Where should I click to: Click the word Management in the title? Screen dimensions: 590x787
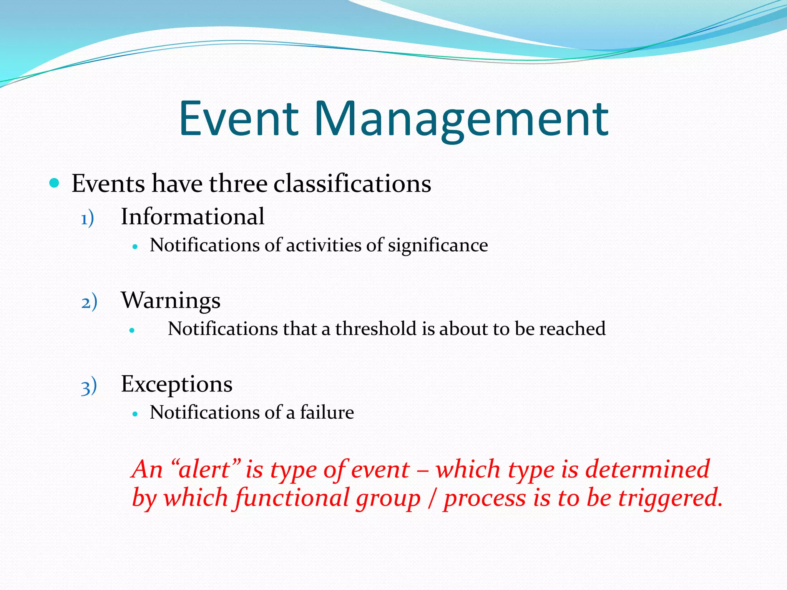pos(462,119)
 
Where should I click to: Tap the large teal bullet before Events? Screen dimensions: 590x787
pos(54,183)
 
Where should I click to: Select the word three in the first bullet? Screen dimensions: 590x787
pos(238,183)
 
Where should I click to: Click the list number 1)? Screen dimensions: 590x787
pos(87,219)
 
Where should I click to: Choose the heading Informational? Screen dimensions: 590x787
pos(193,216)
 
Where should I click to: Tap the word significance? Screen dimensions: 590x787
pos(438,245)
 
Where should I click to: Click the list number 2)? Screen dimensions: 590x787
pos(89,302)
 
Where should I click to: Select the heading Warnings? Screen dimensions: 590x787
pos(171,300)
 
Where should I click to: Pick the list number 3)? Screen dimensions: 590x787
pos(89,386)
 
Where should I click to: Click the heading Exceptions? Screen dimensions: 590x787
pos(176,384)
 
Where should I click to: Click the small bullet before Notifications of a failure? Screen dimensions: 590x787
pos(134,414)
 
